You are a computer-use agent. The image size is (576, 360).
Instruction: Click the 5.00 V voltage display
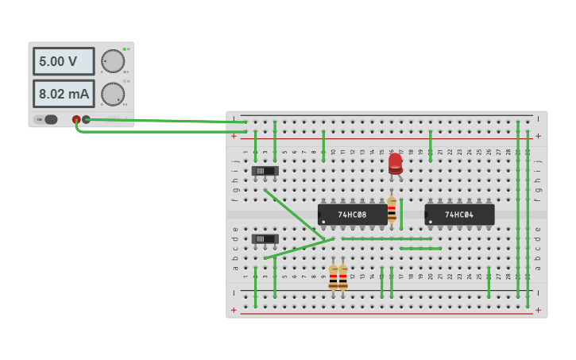click(63, 61)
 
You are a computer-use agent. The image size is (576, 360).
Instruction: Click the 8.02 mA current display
click(63, 94)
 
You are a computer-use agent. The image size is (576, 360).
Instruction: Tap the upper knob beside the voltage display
click(113, 61)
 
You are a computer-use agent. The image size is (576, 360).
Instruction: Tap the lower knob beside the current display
click(113, 94)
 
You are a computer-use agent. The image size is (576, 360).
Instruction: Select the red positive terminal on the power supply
click(76, 119)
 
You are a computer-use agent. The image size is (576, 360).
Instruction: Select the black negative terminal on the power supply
click(86, 119)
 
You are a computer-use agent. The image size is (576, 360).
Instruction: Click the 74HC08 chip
click(353, 215)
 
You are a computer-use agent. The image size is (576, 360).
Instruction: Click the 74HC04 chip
click(459, 215)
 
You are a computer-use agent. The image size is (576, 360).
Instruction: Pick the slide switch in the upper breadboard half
click(265, 170)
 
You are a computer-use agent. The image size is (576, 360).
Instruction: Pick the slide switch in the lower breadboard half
click(265, 238)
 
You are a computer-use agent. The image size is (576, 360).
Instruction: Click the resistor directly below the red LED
click(392, 207)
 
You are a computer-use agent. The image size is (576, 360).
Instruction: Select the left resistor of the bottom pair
click(333, 277)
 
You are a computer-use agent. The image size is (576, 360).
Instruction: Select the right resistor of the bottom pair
click(343, 277)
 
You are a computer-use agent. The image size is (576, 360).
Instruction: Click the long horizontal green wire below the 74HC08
click(386, 238)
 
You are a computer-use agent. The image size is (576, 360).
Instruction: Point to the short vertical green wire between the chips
click(401, 214)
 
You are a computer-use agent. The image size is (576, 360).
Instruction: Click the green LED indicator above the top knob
click(125, 49)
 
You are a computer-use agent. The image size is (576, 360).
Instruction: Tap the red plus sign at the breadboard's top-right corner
click(538, 136)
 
